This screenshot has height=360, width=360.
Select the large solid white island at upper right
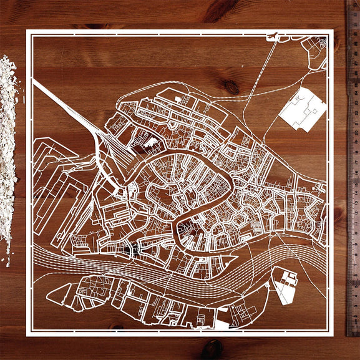click(x=303, y=109)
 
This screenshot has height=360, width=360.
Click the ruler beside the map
click(x=353, y=181)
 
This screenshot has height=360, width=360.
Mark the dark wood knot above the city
click(x=231, y=86)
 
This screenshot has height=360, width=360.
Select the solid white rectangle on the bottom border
click(x=223, y=324)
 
